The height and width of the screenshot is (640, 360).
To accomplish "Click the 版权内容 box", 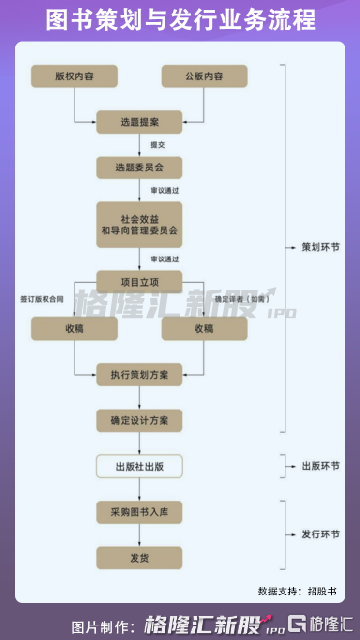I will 75,76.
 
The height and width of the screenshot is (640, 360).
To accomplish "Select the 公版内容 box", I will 204,76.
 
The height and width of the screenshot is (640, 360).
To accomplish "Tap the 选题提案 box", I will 139,122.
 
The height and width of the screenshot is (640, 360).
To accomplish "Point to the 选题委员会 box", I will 139,168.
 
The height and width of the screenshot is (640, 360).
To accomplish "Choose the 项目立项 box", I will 139,282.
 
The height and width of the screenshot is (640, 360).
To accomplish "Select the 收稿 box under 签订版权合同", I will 75,329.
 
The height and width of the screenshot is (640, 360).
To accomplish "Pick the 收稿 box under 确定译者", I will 204,329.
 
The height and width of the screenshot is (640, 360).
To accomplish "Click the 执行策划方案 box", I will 139,375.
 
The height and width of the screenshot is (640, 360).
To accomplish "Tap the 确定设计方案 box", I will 139,420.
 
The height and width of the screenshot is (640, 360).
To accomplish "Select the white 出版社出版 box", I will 139,467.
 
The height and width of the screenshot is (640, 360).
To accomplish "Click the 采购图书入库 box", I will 139,511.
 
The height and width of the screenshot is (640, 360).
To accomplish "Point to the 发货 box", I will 139,558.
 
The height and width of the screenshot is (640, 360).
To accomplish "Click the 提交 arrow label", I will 157,145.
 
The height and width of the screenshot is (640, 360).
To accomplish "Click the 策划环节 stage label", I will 315,248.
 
